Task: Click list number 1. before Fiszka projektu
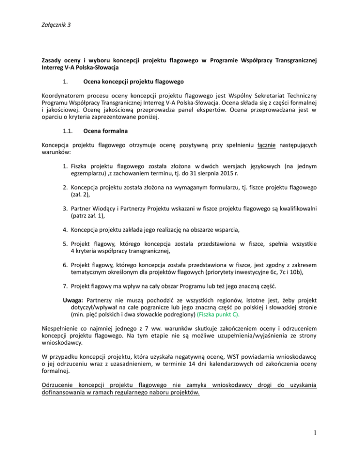66,165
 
